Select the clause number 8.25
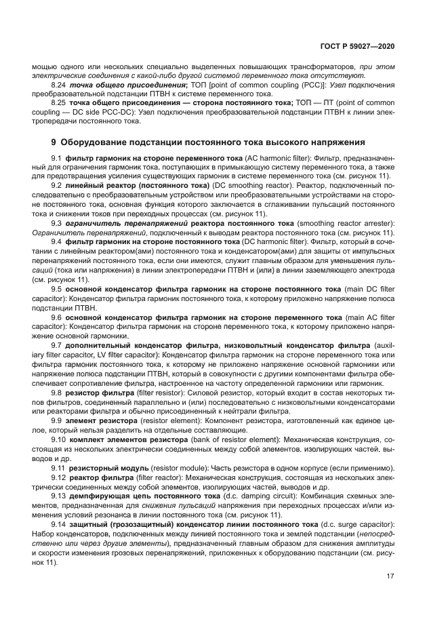click(x=59, y=102)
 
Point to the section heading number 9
click(x=54, y=142)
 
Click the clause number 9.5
click(x=57, y=288)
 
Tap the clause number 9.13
click(x=59, y=495)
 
